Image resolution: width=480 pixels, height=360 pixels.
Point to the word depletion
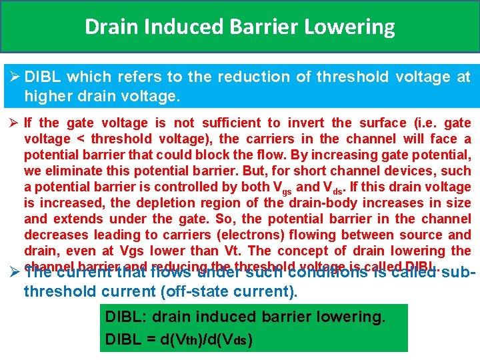point(163,203)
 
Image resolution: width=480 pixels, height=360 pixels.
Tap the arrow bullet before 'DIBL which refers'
point(14,77)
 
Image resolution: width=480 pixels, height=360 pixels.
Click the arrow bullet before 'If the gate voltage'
point(14,123)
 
